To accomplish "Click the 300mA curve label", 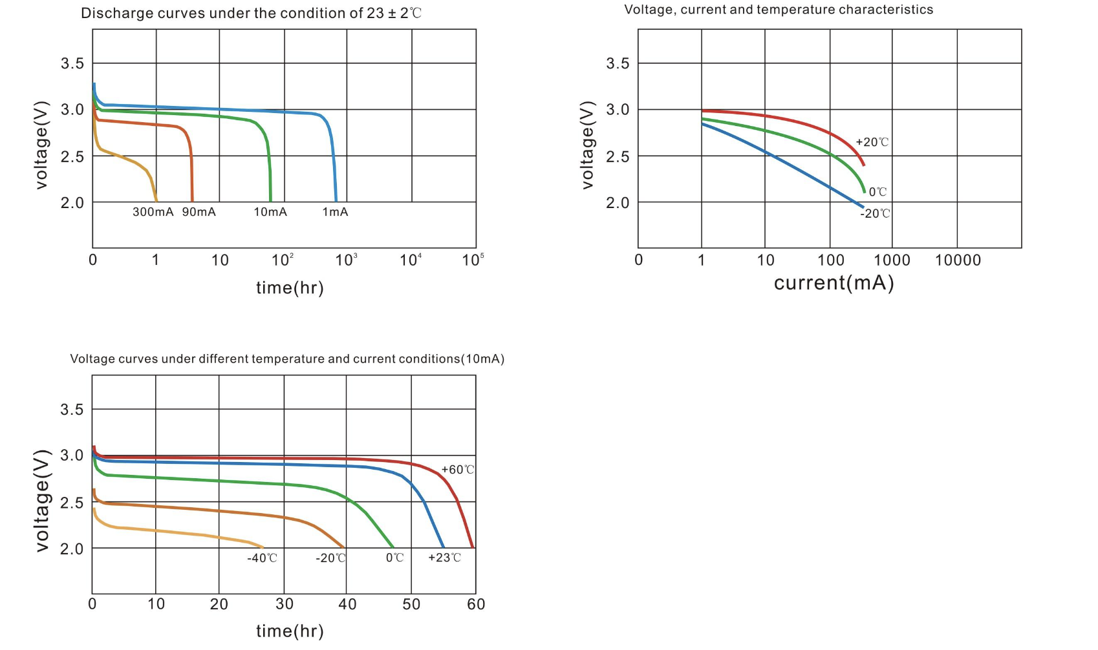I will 153,212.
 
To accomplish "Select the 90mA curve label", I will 199,212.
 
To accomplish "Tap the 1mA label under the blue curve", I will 335,212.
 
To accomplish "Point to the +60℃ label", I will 457,470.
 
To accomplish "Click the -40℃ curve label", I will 262,558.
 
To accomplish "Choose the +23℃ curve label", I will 444,558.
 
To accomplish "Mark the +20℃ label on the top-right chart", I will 872,142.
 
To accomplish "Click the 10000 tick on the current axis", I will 958,260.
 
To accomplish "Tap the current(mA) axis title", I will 834,283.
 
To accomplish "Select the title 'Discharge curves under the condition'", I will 251,13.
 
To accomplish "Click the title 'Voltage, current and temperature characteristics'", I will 779,10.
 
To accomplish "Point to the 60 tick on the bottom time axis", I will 476,604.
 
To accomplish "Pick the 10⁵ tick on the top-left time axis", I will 473,260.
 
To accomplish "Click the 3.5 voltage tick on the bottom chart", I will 72,410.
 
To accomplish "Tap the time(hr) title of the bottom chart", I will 290,631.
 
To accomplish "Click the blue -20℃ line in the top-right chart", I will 795,169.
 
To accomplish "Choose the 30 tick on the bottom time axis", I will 285,604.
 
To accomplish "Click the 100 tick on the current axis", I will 831,260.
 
